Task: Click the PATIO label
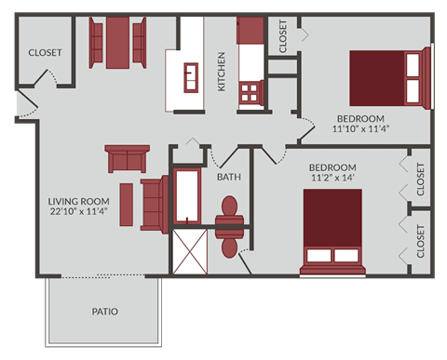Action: click(103, 311)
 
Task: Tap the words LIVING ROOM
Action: click(79, 201)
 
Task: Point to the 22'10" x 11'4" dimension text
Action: click(79, 212)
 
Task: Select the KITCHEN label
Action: click(222, 72)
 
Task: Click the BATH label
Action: click(229, 177)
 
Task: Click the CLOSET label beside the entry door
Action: click(45, 53)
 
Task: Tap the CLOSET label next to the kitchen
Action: click(283, 35)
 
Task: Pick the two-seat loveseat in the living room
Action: click(126, 159)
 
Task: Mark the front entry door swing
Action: click(29, 104)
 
